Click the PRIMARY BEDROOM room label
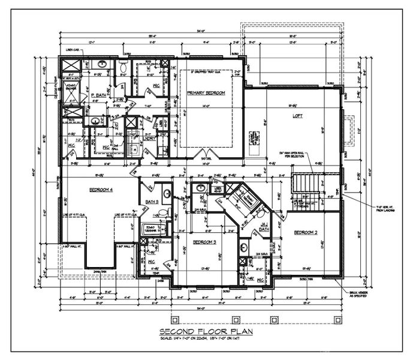click(206, 93)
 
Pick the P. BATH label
click(98, 95)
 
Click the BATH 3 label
click(150, 202)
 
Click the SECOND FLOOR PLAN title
click(207, 332)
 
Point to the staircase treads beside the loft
click(304, 183)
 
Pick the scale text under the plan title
click(207, 340)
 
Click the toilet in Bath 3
click(167, 194)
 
